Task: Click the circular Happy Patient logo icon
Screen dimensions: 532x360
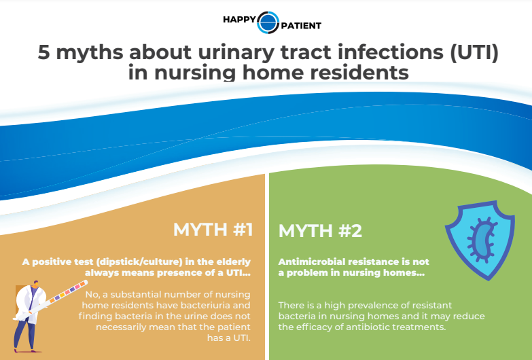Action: pos(268,22)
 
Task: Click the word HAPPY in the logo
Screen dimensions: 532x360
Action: pos(239,20)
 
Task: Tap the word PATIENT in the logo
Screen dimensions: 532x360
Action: pos(301,26)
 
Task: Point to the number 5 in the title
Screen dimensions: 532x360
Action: pos(43,52)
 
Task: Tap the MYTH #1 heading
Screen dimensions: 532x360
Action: pos(213,230)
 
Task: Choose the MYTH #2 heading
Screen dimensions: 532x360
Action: pos(320,231)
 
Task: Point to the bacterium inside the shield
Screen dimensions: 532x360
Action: pos(482,240)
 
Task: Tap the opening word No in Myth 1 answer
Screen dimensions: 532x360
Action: pos(92,295)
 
